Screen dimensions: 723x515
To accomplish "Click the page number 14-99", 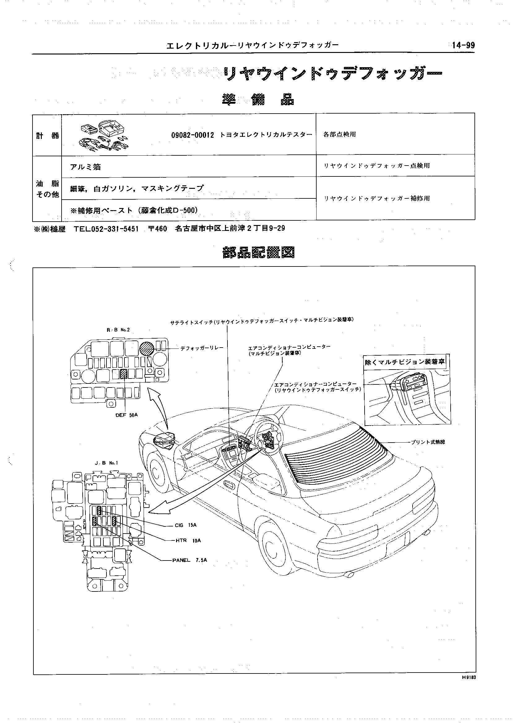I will [463, 45].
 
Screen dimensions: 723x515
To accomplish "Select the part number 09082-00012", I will [193, 135].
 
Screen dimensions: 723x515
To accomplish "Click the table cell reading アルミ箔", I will [85, 167].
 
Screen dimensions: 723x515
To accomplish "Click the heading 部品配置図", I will [258, 253].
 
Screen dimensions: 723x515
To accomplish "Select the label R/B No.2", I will [118, 330].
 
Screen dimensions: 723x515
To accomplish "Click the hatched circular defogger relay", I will [147, 349].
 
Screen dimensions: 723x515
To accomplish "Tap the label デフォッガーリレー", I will [202, 348].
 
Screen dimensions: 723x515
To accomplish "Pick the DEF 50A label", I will [127, 415].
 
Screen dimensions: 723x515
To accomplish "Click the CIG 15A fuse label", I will [185, 525].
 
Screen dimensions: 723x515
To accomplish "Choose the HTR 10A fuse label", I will [188, 541].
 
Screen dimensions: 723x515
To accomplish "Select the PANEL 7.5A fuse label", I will [190, 560].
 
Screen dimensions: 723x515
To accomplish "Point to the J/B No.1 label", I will [106, 463].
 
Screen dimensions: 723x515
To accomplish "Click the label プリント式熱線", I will [428, 442].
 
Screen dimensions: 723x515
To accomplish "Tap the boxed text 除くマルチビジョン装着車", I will [405, 362].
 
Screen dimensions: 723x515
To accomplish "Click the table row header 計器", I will [47, 136].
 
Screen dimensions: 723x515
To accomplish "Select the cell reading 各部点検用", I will [339, 134].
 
